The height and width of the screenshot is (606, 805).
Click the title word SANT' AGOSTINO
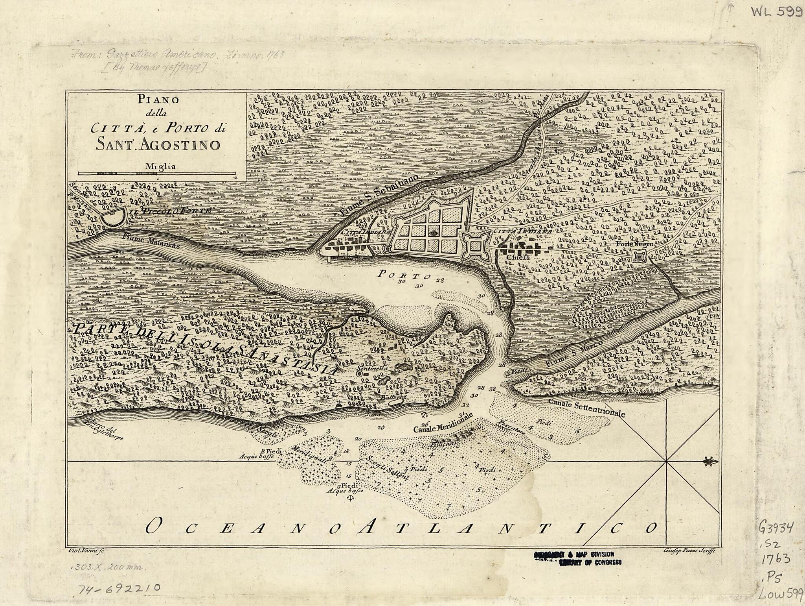tap(158, 145)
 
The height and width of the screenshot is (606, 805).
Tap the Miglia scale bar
tap(156, 173)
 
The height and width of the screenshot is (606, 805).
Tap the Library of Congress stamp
tap(577, 558)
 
